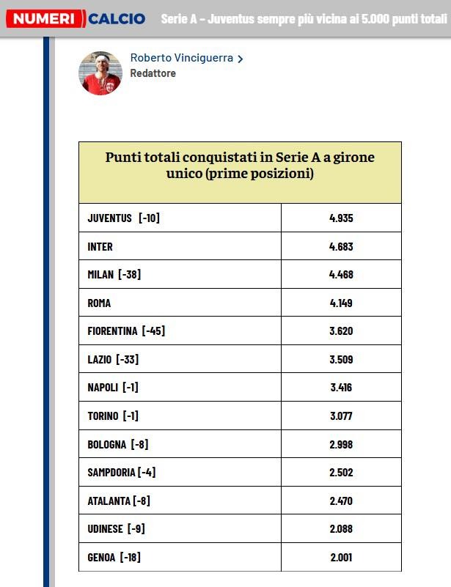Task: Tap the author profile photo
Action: pyautogui.click(x=100, y=73)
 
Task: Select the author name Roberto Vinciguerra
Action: pyautogui.click(x=183, y=58)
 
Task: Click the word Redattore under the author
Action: pyautogui.click(x=153, y=73)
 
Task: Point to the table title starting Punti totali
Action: pyautogui.click(x=240, y=166)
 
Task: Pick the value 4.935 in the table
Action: pyautogui.click(x=341, y=218)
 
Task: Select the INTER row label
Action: pyautogui.click(x=100, y=247)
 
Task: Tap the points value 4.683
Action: pyautogui.click(x=341, y=247)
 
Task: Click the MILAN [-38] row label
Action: pyautogui.click(x=114, y=275)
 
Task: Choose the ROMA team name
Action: pyautogui.click(x=100, y=303)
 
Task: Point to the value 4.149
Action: pyautogui.click(x=341, y=303)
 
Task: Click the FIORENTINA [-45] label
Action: pyautogui.click(x=126, y=331)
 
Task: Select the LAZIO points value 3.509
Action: pyautogui.click(x=341, y=359)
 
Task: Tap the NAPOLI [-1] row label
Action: pyautogui.click(x=113, y=388)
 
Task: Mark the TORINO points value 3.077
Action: pyautogui.click(x=341, y=416)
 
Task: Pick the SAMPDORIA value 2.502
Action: pyautogui.click(x=341, y=473)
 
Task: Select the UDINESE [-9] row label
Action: pyautogui.click(x=115, y=529)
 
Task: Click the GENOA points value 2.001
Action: pyautogui.click(x=341, y=558)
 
